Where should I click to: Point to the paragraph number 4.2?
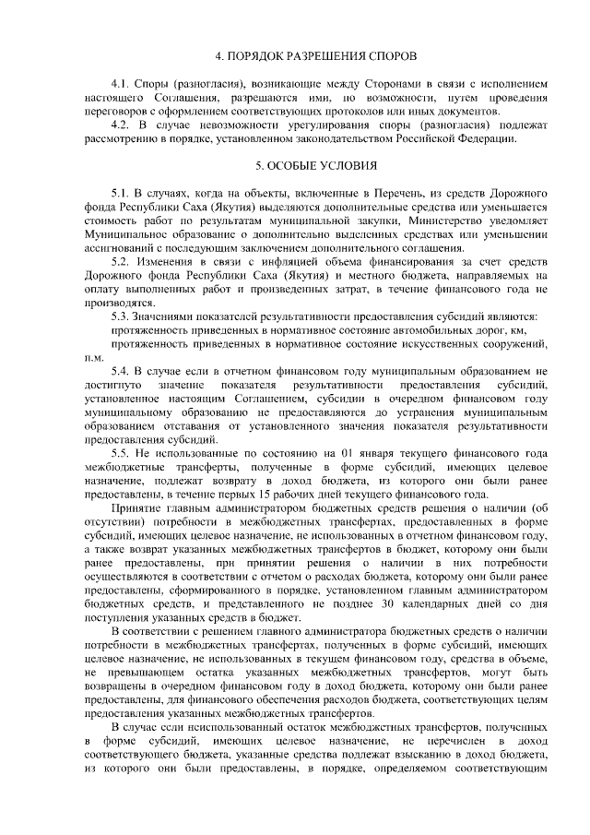(120, 124)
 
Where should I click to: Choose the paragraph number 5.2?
(120, 262)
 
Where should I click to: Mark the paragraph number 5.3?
(120, 316)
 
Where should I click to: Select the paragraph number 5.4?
(120, 371)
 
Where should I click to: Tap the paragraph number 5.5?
(120, 453)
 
